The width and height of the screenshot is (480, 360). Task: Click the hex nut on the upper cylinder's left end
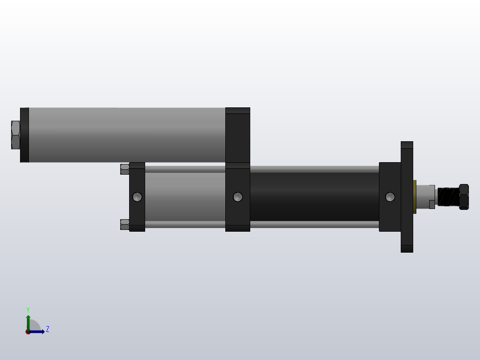(x=16, y=135)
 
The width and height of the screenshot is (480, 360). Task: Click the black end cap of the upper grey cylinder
(x=24, y=135)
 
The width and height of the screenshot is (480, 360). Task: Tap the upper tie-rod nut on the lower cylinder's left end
(x=125, y=169)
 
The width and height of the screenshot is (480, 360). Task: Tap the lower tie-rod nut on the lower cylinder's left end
(x=125, y=225)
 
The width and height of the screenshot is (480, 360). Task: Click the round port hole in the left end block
(x=137, y=196)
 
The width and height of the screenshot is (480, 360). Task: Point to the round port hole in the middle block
(x=238, y=196)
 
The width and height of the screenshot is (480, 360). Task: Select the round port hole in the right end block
(x=390, y=196)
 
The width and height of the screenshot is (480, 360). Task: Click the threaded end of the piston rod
(x=448, y=197)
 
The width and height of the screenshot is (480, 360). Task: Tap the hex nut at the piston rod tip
(x=464, y=197)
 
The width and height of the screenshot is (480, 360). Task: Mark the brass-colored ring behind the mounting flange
(x=415, y=196)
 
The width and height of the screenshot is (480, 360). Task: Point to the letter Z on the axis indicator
(x=48, y=330)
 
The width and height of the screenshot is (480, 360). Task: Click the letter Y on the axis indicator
(x=28, y=310)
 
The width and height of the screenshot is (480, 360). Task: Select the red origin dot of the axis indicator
(x=28, y=332)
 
